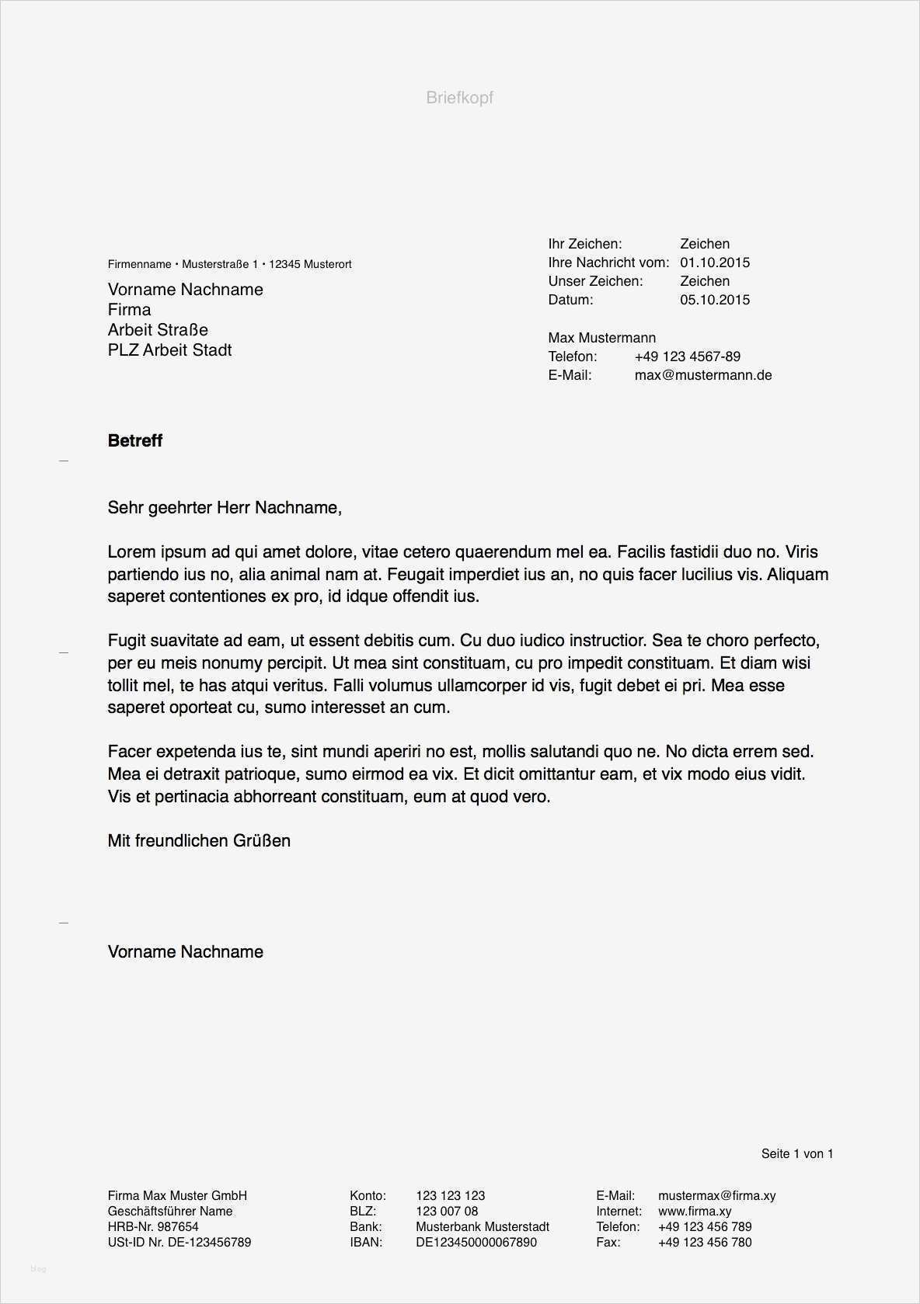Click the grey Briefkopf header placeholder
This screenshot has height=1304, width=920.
(x=459, y=98)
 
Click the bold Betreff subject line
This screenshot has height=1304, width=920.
(x=135, y=441)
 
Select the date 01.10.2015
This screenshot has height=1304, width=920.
(x=714, y=263)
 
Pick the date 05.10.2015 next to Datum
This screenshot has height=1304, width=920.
(x=714, y=300)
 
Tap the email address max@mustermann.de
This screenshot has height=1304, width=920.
(x=702, y=375)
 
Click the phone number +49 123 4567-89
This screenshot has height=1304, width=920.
(x=687, y=356)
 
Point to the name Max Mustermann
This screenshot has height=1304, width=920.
(x=601, y=338)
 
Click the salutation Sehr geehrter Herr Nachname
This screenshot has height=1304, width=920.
(x=224, y=508)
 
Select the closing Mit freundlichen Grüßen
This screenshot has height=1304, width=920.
(x=199, y=841)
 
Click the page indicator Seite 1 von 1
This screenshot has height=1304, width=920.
(x=796, y=1154)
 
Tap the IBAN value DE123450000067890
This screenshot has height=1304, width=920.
(x=476, y=1243)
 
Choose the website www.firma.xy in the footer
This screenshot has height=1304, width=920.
(x=694, y=1212)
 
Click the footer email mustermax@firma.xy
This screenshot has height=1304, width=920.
(x=716, y=1196)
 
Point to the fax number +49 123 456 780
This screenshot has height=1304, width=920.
(x=704, y=1243)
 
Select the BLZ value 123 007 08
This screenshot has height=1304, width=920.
(x=447, y=1212)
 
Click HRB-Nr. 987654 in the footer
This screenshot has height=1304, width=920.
(x=153, y=1227)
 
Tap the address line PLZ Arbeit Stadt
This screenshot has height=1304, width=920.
(x=169, y=350)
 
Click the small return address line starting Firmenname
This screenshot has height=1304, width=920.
(x=229, y=265)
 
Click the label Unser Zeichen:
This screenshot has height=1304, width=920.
(x=595, y=281)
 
